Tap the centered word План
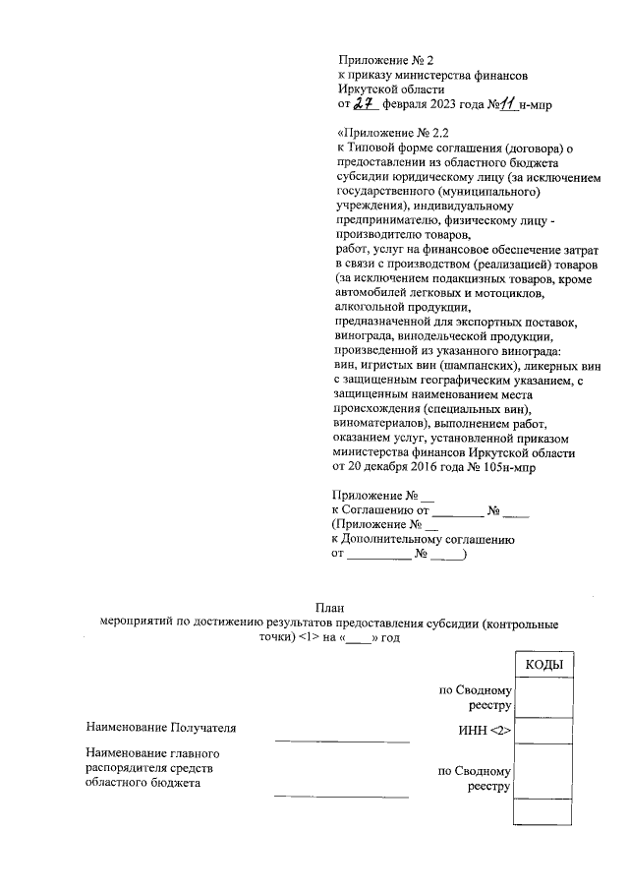pyautogui.click(x=330, y=607)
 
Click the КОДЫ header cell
pyautogui.click(x=543, y=666)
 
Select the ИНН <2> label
pyautogui.click(x=485, y=730)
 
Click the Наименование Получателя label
pyautogui.click(x=162, y=729)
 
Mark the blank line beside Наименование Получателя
pyautogui.click(x=341, y=740)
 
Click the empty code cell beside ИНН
pyautogui.click(x=543, y=731)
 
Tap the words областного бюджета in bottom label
pyautogui.click(x=143, y=783)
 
